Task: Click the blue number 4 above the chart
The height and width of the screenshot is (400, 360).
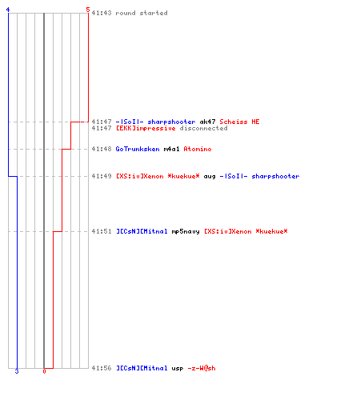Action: point(8,10)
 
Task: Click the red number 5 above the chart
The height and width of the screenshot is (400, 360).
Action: point(88,10)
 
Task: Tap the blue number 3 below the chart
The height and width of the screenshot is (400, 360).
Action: point(17,371)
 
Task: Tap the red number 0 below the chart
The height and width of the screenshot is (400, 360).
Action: point(44,371)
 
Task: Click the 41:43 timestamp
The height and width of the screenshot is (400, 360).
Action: point(102,13)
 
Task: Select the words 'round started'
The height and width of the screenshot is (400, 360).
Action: point(142,13)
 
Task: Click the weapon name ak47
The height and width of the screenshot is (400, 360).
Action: point(207,122)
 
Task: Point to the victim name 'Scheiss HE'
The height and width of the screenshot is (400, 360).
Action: point(239,122)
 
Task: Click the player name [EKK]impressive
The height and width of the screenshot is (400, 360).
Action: point(146,128)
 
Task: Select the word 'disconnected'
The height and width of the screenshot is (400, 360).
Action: point(203,128)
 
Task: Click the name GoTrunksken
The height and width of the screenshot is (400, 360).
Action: point(138,149)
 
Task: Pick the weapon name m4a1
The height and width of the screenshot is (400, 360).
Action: point(171,149)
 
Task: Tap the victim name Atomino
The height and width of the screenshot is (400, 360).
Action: point(198,149)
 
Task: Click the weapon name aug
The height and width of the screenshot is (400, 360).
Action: point(210,176)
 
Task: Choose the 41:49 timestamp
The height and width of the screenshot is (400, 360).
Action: point(102,176)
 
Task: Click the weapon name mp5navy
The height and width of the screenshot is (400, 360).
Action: point(186,231)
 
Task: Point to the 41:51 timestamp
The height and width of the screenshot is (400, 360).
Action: point(102,231)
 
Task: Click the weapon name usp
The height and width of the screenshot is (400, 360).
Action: point(178,369)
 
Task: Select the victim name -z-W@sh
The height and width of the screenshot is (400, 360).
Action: point(202,368)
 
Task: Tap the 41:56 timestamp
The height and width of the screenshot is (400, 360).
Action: point(102,368)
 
